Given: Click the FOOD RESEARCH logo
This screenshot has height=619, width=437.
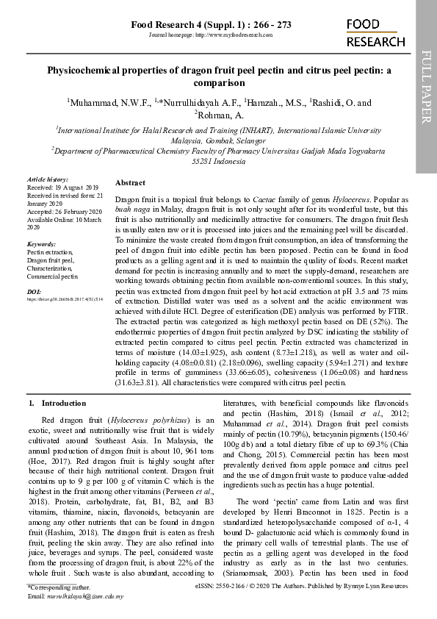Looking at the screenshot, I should pos(375,34).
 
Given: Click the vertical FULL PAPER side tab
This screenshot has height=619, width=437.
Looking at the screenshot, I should pos(426,87).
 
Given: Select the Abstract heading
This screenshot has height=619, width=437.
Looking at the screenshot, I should pos(130,182).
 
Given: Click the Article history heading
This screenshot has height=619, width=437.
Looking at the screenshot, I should pos(47,179).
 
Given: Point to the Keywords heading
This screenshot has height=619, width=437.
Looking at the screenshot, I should pos(41,243).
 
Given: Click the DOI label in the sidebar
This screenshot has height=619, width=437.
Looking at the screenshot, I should pos(34,292).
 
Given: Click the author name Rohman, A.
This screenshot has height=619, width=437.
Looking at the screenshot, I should pos(218,115).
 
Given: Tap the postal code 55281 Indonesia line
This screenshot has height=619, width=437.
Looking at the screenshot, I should pos(218,161).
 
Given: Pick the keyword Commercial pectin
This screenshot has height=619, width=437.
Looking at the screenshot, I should pos(52,276).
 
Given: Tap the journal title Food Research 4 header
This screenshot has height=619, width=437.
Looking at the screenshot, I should pos(211,25).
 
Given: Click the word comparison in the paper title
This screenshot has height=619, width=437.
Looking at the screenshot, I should pos(218,84).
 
